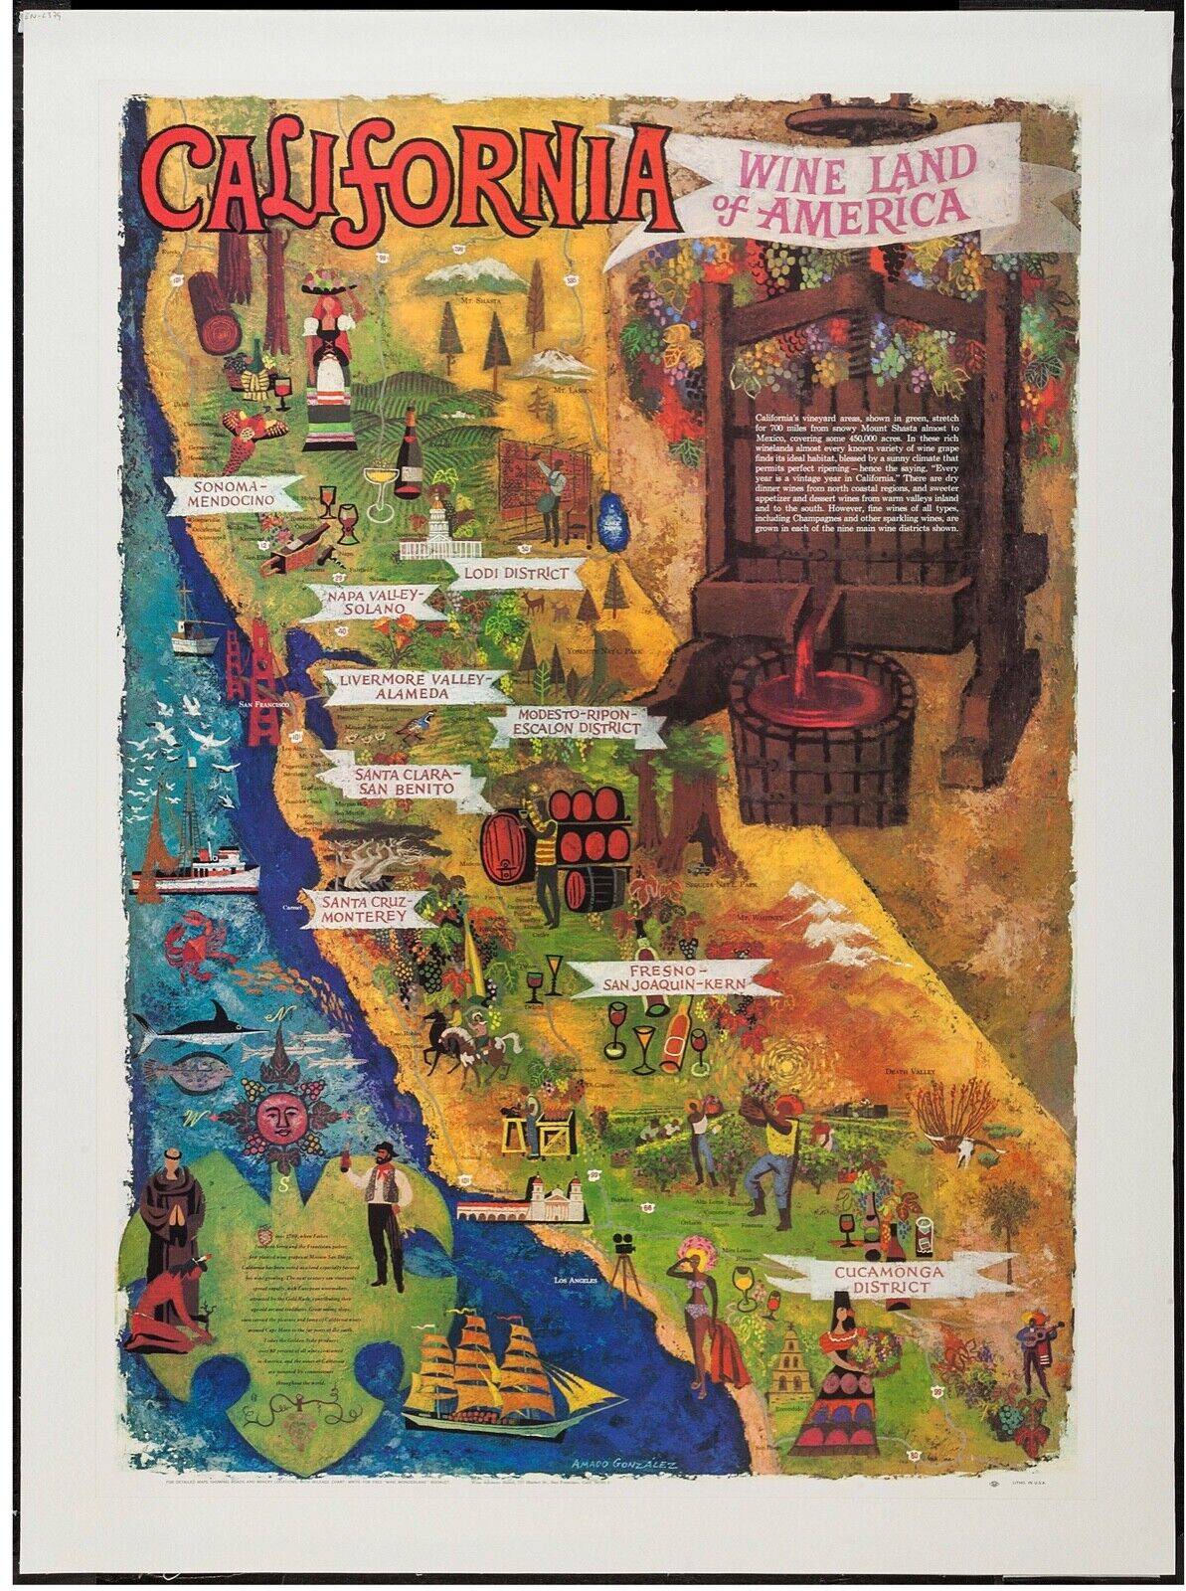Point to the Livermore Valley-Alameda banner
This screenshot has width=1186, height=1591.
tap(411, 687)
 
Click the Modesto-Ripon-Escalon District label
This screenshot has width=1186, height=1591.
tap(574, 723)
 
